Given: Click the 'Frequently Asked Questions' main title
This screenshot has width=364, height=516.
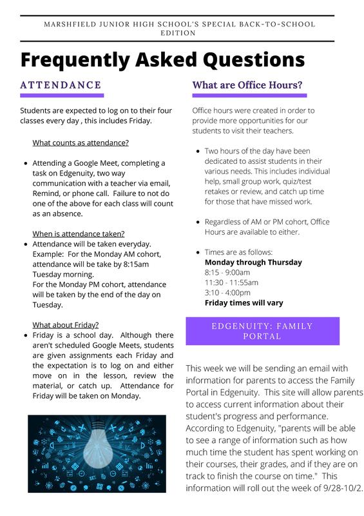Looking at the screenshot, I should pyautogui.click(x=162, y=60).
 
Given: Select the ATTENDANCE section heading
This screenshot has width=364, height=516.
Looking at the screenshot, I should pyautogui.click(x=61, y=85).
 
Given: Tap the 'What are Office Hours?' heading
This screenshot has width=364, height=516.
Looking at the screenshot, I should pyautogui.click(x=247, y=85).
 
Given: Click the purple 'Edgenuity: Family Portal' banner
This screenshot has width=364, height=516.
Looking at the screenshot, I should pyautogui.click(x=262, y=331).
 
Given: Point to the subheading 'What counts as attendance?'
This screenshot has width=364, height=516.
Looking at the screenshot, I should pyautogui.click(x=81, y=143).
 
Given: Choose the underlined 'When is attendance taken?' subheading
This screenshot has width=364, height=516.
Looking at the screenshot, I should pyautogui.click(x=79, y=233).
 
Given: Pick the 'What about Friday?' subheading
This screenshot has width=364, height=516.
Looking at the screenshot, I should pyautogui.click(x=65, y=324).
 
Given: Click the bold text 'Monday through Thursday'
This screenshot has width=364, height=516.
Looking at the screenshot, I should pyautogui.click(x=253, y=263).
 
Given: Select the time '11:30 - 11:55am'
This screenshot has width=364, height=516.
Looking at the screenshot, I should pyautogui.click(x=231, y=283).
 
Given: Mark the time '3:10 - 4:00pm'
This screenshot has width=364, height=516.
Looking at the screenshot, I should pyautogui.click(x=229, y=293).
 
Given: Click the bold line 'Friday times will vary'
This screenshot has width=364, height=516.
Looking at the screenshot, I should pyautogui.click(x=244, y=303).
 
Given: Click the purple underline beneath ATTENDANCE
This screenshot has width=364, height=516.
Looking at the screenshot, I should pyautogui.click(x=62, y=95).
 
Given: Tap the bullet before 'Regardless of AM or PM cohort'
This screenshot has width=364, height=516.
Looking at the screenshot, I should pyautogui.click(x=197, y=222).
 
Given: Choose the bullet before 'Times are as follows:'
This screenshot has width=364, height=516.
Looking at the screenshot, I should pyautogui.click(x=197, y=252).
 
